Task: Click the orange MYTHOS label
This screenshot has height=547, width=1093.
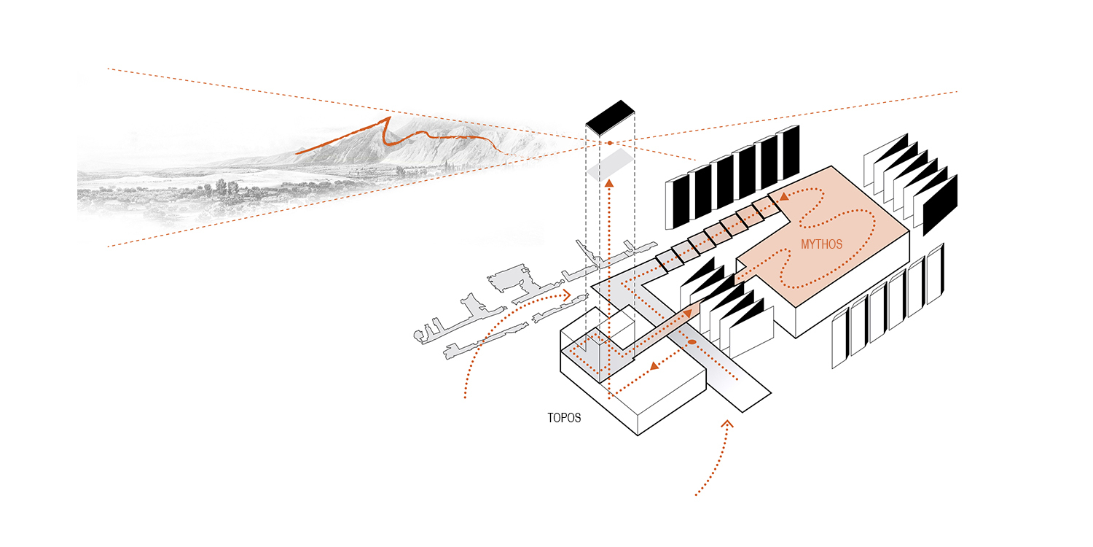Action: (x=821, y=244)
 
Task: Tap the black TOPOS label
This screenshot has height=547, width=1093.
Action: (x=564, y=419)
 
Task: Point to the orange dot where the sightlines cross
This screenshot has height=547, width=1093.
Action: (x=610, y=143)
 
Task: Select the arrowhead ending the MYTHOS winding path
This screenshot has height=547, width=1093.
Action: (x=783, y=196)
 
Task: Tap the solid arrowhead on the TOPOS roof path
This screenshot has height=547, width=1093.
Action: (x=654, y=365)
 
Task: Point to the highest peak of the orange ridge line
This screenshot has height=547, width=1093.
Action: (x=388, y=117)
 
